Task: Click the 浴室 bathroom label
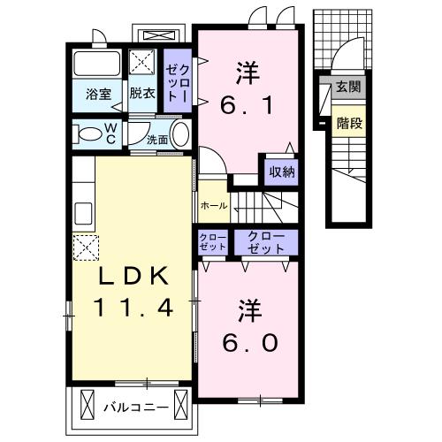point(98,94)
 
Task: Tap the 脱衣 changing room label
point(142,94)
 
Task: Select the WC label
point(111,133)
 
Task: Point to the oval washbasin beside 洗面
point(180,134)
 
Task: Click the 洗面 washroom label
point(157,140)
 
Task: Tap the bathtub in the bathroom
point(96,64)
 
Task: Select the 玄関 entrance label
point(348,87)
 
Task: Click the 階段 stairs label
point(349,123)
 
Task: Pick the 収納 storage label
point(282,171)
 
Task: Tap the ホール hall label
point(214,206)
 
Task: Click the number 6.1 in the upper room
point(247,106)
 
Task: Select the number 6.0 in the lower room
point(250,343)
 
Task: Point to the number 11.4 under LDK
point(133,308)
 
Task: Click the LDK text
point(133,276)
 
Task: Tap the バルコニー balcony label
point(136,408)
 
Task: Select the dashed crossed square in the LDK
point(86,248)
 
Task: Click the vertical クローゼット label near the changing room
point(178,84)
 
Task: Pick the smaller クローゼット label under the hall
point(213,241)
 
